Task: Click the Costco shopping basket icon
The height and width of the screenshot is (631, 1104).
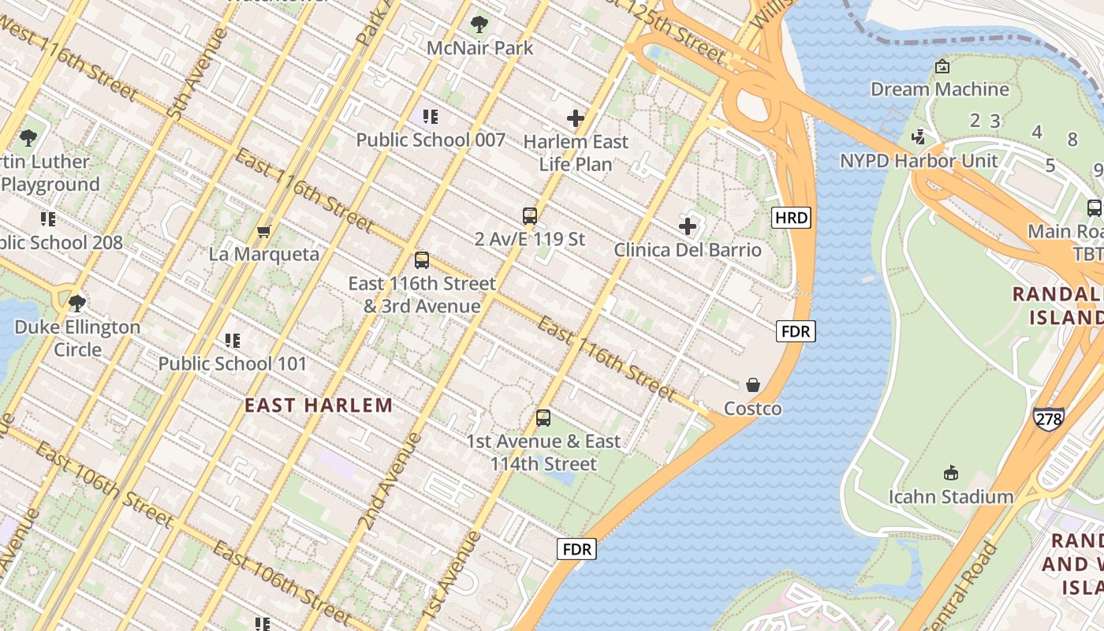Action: point(753,385)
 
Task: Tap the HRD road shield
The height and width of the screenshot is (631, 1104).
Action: point(791,218)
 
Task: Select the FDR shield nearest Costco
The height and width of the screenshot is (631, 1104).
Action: point(795,331)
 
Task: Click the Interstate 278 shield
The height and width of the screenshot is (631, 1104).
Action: point(1048,418)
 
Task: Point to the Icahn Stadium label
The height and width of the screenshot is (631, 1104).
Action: point(951,496)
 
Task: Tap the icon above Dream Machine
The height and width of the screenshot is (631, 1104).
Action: point(941,67)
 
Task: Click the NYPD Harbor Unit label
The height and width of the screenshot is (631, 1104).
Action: point(919,161)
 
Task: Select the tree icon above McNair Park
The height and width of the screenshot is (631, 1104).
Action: point(479,24)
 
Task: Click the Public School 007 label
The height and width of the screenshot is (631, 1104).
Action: point(431,140)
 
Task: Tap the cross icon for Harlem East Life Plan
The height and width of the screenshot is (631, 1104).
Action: point(576,119)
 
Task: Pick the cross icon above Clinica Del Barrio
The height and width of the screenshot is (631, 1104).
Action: point(688,227)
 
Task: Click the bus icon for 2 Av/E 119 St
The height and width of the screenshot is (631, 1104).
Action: point(530,216)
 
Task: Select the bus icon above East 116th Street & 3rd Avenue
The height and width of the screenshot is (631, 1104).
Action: point(422,260)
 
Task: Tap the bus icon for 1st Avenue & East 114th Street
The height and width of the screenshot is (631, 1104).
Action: point(543,418)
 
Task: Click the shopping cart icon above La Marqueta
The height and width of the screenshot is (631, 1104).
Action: point(263,231)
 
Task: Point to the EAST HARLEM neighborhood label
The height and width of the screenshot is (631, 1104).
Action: point(319,405)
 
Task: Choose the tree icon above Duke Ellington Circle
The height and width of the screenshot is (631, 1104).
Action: point(77,304)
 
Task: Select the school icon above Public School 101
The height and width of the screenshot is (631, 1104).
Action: point(233,341)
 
